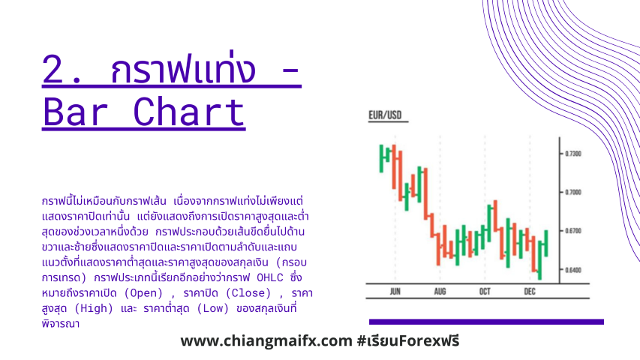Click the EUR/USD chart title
point(385,115)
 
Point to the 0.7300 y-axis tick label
point(573,154)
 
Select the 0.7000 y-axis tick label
point(573,192)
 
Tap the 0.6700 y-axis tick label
point(573,231)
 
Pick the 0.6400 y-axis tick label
point(573,270)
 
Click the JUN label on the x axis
point(395,292)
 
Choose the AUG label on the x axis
point(440,292)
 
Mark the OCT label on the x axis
point(485,292)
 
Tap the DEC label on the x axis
point(530,292)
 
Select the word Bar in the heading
point(75,112)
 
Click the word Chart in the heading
point(189,112)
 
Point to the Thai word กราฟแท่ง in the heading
point(183,67)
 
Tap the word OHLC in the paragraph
point(270,278)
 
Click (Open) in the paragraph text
point(143,293)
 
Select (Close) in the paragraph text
point(248,293)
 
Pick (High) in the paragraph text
point(94,308)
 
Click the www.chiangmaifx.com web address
point(266,340)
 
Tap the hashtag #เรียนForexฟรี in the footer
point(408,340)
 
